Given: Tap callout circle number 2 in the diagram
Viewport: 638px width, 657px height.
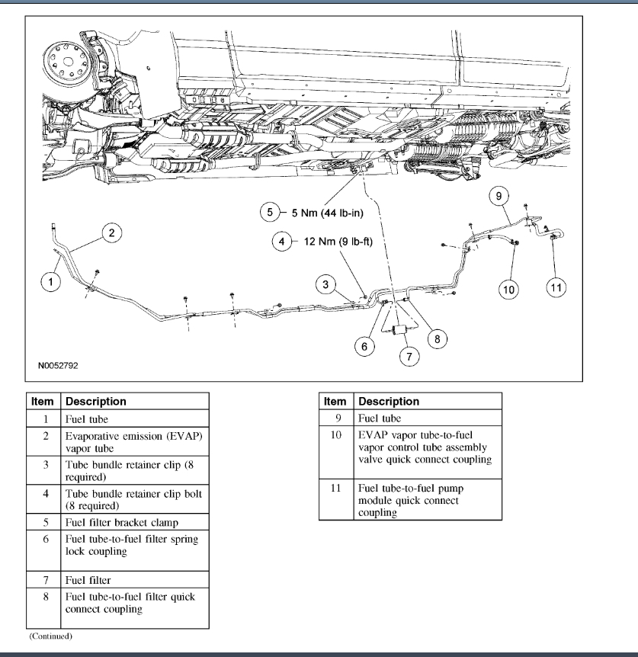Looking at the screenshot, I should pos(111,233).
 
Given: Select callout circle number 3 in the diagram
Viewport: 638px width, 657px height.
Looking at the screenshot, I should pos(325,285).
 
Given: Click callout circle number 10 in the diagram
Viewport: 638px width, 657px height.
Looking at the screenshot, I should pos(509,287).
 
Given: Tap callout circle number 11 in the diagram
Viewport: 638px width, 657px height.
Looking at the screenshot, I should pos(556,287).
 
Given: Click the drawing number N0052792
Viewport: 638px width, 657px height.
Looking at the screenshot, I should pos(63,364).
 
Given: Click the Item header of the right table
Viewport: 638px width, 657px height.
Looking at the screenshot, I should pos(335,401).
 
